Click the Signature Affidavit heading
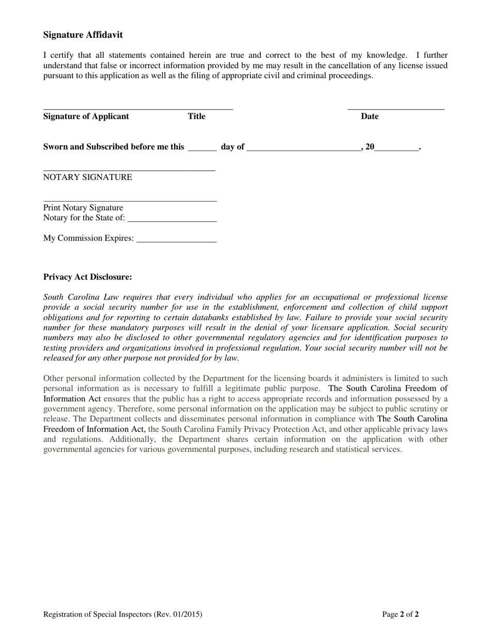83,35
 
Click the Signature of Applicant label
86,116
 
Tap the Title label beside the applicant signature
196,116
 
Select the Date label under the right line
370,116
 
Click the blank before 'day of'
202,150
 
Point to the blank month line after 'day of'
304,150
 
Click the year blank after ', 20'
396,150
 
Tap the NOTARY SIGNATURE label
88,177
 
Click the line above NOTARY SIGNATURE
129,170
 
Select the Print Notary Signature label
83,208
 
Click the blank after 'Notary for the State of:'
172,221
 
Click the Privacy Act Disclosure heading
88,277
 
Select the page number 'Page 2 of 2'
401,614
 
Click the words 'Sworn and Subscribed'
80,147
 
